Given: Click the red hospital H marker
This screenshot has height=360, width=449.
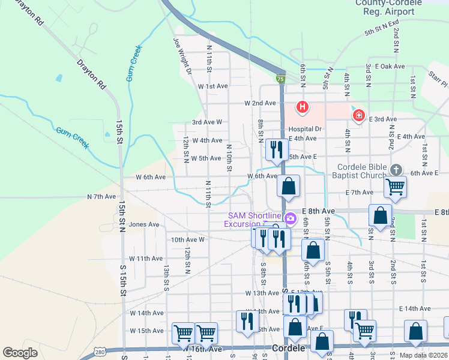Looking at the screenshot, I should pyautogui.click(x=303, y=107).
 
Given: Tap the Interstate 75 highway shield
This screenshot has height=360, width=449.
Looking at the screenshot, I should pyautogui.click(x=280, y=79).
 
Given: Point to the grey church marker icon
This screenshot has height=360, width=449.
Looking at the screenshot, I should pyautogui.click(x=395, y=170).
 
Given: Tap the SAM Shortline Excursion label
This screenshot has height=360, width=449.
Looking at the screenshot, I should pyautogui.click(x=253, y=220).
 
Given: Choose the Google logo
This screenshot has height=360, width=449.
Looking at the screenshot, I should pyautogui.click(x=20, y=352).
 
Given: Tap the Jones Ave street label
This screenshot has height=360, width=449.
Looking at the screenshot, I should pyautogui.click(x=144, y=224).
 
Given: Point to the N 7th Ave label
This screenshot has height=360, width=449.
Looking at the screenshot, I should pyautogui.click(x=101, y=196).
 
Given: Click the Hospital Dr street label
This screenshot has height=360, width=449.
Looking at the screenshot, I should pyautogui.click(x=305, y=129).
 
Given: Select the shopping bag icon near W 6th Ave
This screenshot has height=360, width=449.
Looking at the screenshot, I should pyautogui.click(x=289, y=186).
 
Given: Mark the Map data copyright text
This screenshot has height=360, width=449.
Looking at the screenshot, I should pyautogui.click(x=423, y=355).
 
